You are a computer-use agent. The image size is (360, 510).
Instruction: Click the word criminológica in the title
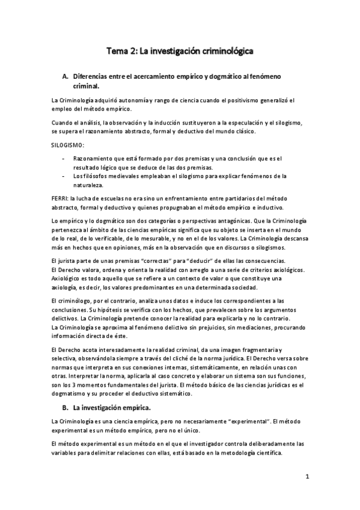coord(222,52)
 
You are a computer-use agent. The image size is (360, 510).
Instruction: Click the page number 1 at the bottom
coord(307,478)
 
